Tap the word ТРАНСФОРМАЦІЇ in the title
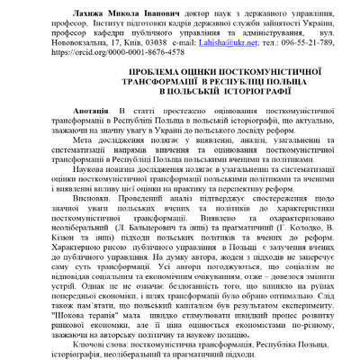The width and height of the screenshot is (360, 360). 86,79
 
